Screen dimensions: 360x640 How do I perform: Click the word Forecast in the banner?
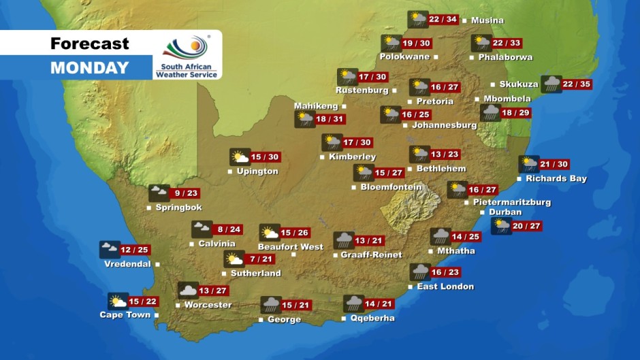89,44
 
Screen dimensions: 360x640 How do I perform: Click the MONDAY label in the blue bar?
89,67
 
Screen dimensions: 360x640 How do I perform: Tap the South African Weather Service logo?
187,55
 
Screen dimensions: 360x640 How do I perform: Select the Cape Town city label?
125,315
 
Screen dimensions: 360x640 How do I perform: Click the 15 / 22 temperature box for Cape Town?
143,301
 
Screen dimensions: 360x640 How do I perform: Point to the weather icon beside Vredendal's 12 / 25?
109,249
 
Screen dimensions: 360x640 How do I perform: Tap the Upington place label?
257,171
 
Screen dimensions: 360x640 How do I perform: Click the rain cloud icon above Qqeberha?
353,304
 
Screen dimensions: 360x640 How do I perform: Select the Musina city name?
487,20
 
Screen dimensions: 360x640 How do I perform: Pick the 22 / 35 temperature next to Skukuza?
577,84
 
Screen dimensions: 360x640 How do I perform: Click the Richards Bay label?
556,179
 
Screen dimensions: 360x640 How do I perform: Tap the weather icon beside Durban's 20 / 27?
501,226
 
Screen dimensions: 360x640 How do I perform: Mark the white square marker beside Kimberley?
322,157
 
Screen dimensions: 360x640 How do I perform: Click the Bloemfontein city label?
391,187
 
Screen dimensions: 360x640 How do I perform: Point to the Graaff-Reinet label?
372,255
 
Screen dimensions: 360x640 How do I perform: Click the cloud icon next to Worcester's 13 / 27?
188,291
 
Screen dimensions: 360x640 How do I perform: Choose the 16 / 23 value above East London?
445,272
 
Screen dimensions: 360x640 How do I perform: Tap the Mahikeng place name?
316,106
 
